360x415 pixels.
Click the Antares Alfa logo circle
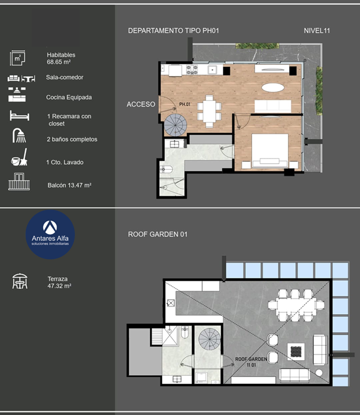point(50,235)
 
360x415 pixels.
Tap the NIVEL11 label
point(317,31)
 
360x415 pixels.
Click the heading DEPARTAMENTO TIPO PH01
point(174,31)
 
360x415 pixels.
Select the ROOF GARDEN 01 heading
point(157,234)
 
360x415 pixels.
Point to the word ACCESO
point(141,104)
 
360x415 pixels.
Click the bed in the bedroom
point(269,151)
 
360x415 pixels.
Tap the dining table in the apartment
point(209,111)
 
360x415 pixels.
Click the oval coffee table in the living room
point(273,88)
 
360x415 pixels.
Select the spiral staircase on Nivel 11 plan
point(175,125)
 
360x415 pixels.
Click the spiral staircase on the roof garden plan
point(209,339)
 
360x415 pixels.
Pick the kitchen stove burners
point(192,70)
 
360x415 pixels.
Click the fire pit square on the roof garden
point(296,352)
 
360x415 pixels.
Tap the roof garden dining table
point(296,305)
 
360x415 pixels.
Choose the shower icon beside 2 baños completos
point(20,135)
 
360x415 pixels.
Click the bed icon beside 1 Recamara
point(20,116)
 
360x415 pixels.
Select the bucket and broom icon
point(20,157)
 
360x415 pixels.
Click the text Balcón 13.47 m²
point(69,185)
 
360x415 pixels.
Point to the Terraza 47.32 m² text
point(59,282)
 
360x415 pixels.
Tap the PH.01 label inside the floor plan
point(185,104)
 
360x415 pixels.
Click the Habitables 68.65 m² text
point(61,58)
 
